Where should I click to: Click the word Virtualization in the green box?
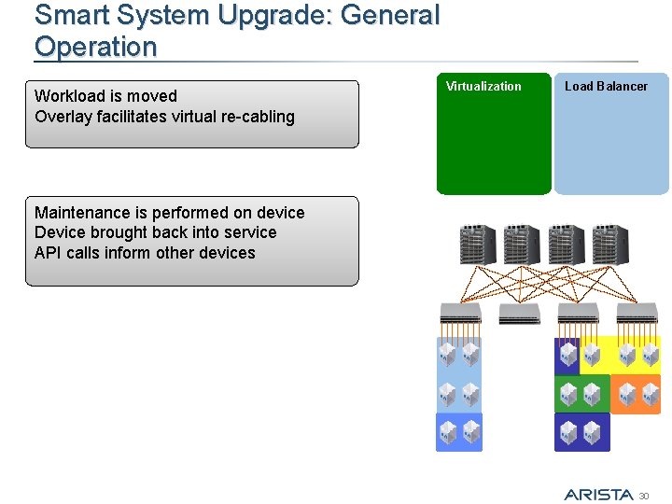(x=483, y=87)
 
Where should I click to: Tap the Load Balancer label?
(x=606, y=87)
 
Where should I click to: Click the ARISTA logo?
(x=598, y=494)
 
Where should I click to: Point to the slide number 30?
(x=643, y=495)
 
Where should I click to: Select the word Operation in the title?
(x=96, y=47)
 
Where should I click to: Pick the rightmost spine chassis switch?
(x=610, y=245)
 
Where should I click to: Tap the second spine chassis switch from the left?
(x=521, y=245)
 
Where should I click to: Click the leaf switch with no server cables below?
(x=519, y=314)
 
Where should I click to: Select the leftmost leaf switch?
(x=460, y=314)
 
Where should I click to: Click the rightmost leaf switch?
(x=637, y=314)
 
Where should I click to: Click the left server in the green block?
(x=568, y=394)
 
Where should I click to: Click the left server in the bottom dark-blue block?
(x=568, y=432)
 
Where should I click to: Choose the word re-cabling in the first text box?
(x=256, y=117)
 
